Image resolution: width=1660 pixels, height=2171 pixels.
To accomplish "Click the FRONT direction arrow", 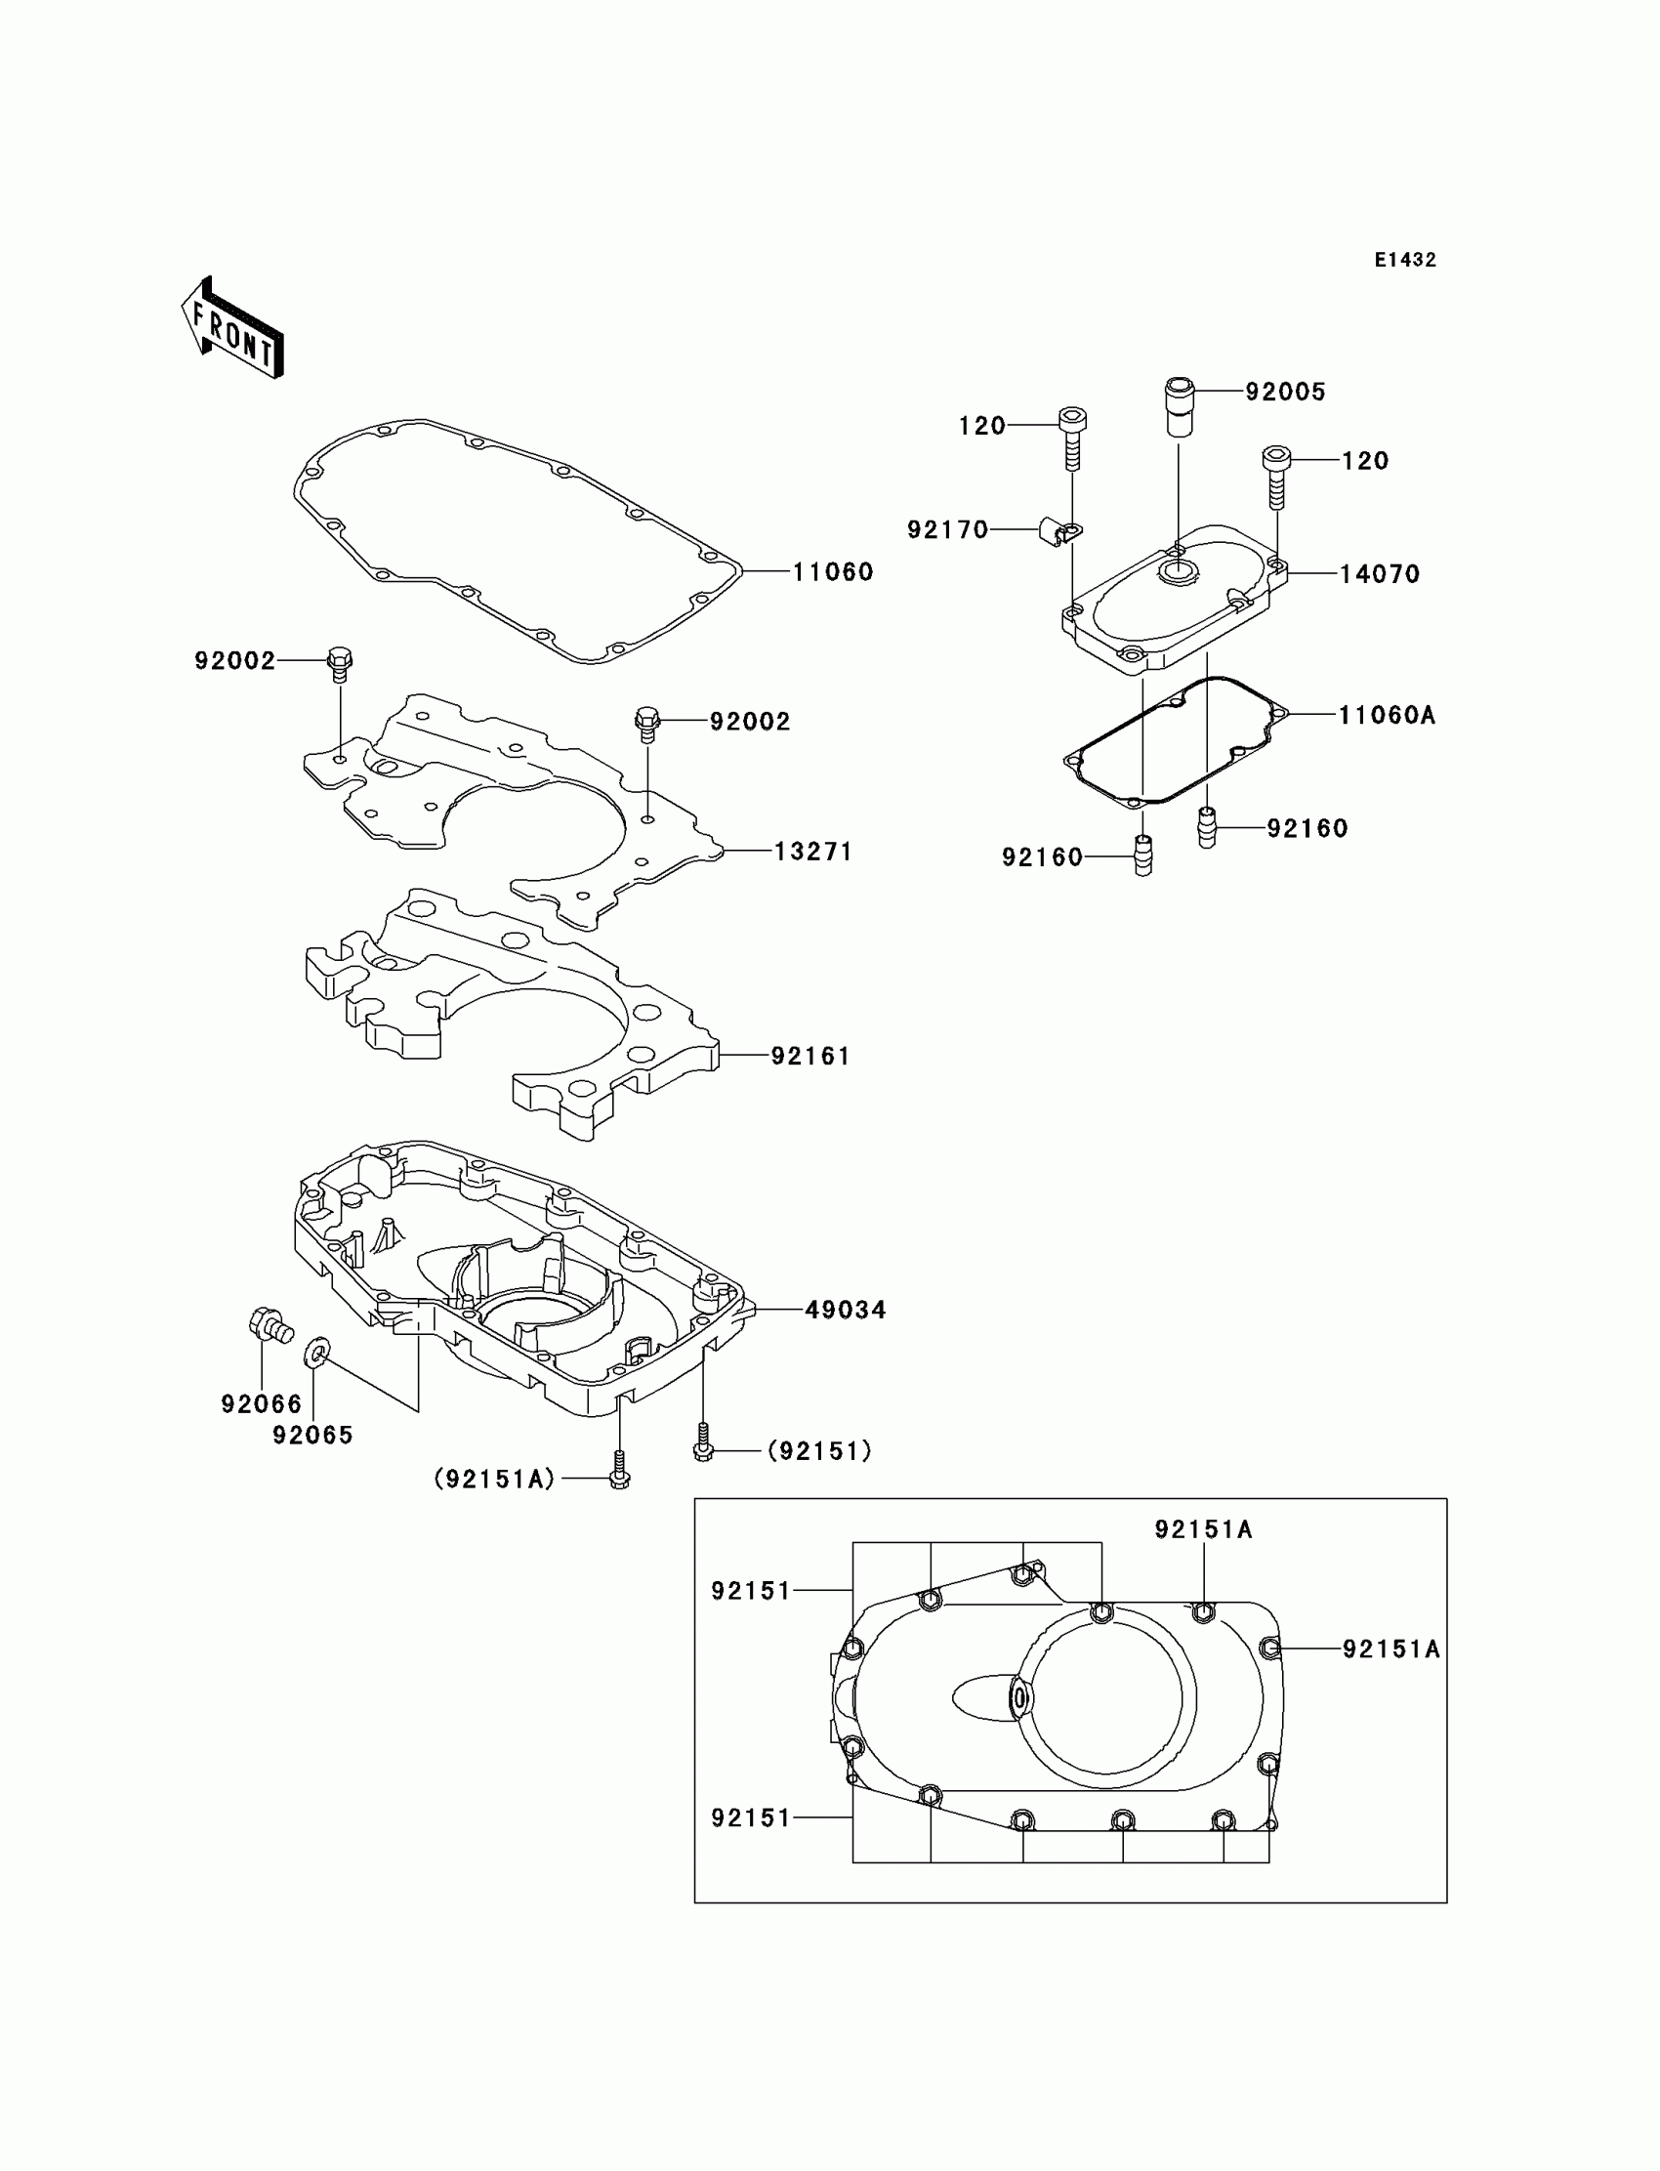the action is click(233, 329).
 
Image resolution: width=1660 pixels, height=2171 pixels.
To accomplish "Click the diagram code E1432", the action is click(1405, 260).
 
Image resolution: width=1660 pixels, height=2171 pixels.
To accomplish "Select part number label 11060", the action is click(832, 572).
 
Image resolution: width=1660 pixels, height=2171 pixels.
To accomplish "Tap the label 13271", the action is click(812, 851).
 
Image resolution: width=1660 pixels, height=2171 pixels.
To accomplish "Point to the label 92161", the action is click(810, 1057).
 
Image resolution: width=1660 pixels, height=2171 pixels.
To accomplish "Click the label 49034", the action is click(845, 1311).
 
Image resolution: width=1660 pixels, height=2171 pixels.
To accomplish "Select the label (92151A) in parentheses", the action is click(495, 1479).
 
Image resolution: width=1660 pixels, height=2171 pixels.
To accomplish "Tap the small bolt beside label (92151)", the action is click(702, 1447).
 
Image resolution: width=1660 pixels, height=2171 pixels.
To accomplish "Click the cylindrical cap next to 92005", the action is click(1178, 405).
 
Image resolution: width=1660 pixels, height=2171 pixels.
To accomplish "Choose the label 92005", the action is click(1284, 393).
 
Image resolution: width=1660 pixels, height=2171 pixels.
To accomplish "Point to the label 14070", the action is click(1380, 574).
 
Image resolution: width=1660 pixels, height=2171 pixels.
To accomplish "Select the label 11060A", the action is click(1387, 716).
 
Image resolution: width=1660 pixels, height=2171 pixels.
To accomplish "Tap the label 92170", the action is click(947, 530).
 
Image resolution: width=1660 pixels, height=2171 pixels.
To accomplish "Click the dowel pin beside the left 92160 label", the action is click(1143, 855).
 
